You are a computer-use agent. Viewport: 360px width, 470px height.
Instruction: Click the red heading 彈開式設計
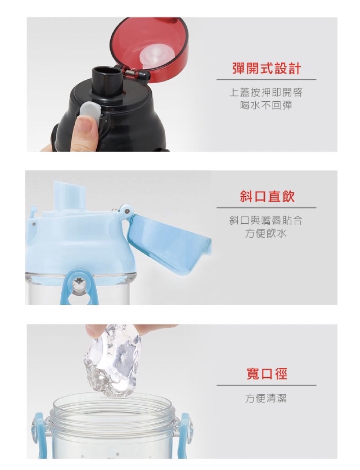[x=266, y=68]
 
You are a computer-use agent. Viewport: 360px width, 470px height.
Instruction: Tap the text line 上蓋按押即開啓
[x=266, y=92]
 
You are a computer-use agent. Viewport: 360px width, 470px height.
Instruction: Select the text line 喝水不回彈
[x=266, y=105]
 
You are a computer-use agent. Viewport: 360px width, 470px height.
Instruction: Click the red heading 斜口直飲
[x=267, y=197]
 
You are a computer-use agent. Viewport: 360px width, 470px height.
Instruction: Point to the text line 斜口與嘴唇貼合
[x=266, y=220]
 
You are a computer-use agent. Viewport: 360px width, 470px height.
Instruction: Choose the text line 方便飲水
[x=266, y=233]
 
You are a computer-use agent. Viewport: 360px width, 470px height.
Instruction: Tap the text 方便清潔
[x=266, y=398]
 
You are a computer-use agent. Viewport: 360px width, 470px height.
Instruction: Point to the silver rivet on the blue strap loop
[x=78, y=281]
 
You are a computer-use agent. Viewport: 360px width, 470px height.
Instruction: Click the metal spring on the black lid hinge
[x=130, y=72]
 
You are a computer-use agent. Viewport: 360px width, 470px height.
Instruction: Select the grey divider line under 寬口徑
[x=266, y=385]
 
